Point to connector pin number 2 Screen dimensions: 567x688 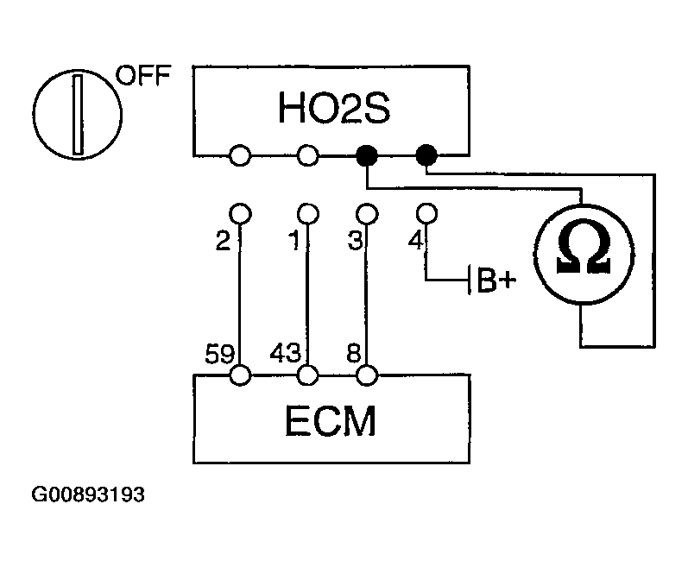[223, 243]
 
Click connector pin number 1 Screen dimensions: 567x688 [294, 243]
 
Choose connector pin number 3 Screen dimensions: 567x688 [355, 243]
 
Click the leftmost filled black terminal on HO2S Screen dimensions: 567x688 [367, 155]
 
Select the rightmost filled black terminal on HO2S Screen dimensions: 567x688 [426, 155]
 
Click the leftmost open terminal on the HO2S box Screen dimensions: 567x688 [241, 155]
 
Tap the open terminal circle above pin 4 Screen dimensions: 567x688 [426, 212]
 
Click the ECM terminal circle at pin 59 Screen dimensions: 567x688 [241, 376]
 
